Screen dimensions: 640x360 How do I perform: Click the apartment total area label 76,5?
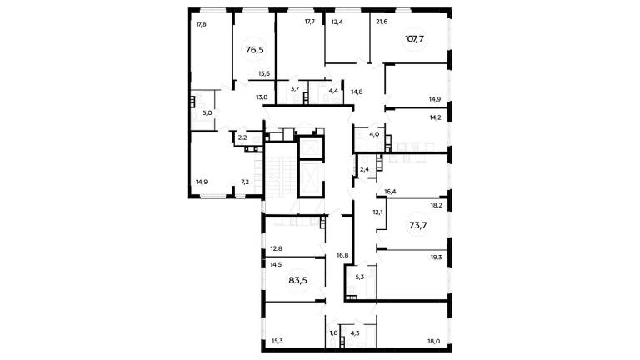pyautogui.click(x=255, y=50)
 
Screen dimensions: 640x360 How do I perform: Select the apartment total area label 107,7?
pyautogui.click(x=414, y=39)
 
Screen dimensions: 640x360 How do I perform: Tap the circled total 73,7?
pyautogui.click(x=418, y=225)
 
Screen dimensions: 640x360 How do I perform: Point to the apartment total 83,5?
pyautogui.click(x=298, y=280)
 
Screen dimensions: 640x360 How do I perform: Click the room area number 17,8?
pyautogui.click(x=201, y=24)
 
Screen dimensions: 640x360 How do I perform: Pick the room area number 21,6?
pyautogui.click(x=382, y=22)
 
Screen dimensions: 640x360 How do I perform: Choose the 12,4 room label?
pyautogui.click(x=337, y=22)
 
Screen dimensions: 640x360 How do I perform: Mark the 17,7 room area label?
pyautogui.click(x=310, y=22)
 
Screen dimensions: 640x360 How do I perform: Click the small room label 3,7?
pyautogui.click(x=295, y=88)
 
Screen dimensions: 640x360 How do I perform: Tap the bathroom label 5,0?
pyautogui.click(x=207, y=113)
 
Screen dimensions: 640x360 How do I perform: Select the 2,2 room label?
pyautogui.click(x=242, y=138)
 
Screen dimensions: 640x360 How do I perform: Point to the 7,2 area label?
pyautogui.click(x=245, y=182)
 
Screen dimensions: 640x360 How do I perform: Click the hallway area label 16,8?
pyautogui.click(x=342, y=256)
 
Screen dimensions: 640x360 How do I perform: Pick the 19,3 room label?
pyautogui.click(x=436, y=257)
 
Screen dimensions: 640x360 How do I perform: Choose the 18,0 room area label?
pyautogui.click(x=434, y=341)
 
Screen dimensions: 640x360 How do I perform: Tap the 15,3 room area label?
pyautogui.click(x=277, y=341)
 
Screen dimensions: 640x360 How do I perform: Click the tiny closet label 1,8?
pyautogui.click(x=333, y=332)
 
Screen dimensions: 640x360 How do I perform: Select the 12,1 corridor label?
pyautogui.click(x=377, y=212)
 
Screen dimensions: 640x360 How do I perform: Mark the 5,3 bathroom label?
pyautogui.click(x=360, y=277)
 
